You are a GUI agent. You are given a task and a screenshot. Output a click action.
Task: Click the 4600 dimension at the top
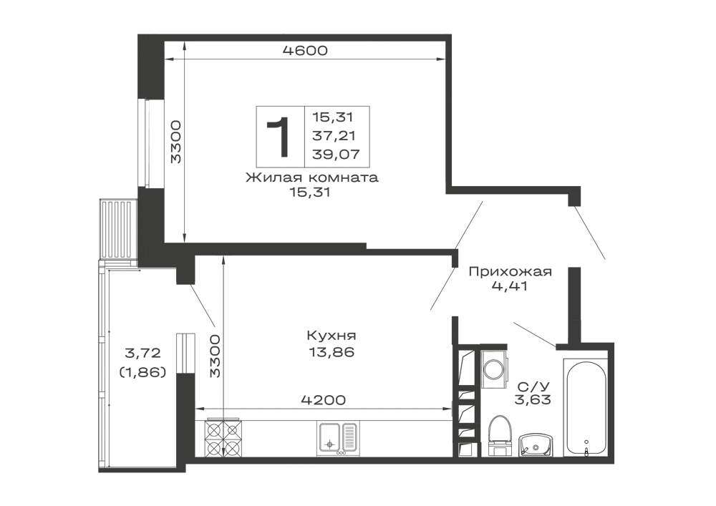(305, 50)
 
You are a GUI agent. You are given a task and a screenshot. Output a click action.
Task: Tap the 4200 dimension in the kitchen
(324, 400)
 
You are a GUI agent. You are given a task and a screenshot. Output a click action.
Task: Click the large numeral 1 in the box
(279, 137)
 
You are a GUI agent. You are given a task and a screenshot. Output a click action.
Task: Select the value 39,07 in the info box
(336, 155)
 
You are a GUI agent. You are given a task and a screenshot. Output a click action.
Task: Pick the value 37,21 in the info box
(334, 135)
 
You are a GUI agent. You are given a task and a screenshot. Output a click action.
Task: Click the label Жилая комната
(312, 177)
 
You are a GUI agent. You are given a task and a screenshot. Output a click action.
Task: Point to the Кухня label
(331, 336)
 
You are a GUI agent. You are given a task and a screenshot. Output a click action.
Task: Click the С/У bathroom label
(533, 387)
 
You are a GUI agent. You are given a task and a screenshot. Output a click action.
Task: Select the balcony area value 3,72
(142, 353)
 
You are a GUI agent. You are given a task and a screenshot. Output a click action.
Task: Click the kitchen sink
(338, 439)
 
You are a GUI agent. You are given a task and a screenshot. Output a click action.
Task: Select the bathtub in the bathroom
(586, 407)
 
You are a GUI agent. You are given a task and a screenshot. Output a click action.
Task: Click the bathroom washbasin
(536, 445)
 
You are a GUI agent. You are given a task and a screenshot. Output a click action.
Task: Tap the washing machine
(493, 369)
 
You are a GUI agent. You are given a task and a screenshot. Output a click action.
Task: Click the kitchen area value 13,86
(331, 352)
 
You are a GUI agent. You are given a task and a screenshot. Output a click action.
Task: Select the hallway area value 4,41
(510, 286)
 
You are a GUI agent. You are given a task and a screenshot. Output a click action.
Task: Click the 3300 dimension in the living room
(176, 142)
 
